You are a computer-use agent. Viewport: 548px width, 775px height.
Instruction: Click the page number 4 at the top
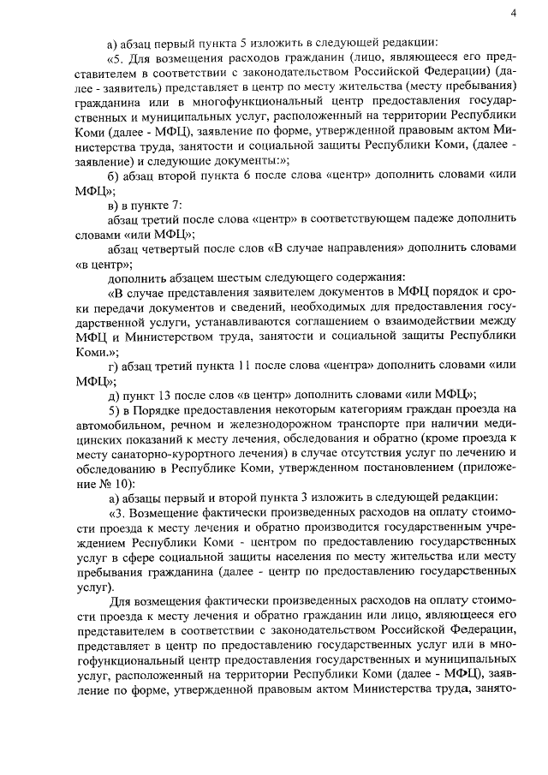click(512, 12)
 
